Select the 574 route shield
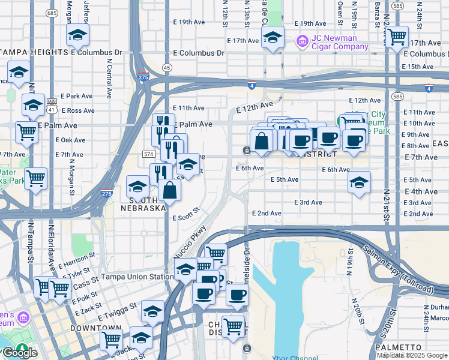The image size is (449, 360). tap(149, 154)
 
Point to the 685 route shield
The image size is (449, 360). tap(52, 13)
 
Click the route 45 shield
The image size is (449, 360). tap(167, 67)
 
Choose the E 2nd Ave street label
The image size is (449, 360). tap(267, 213)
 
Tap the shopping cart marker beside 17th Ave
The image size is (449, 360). tap(397, 37)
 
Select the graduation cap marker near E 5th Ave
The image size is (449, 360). tap(359, 182)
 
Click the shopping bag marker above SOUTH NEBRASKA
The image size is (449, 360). tap(170, 190)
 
